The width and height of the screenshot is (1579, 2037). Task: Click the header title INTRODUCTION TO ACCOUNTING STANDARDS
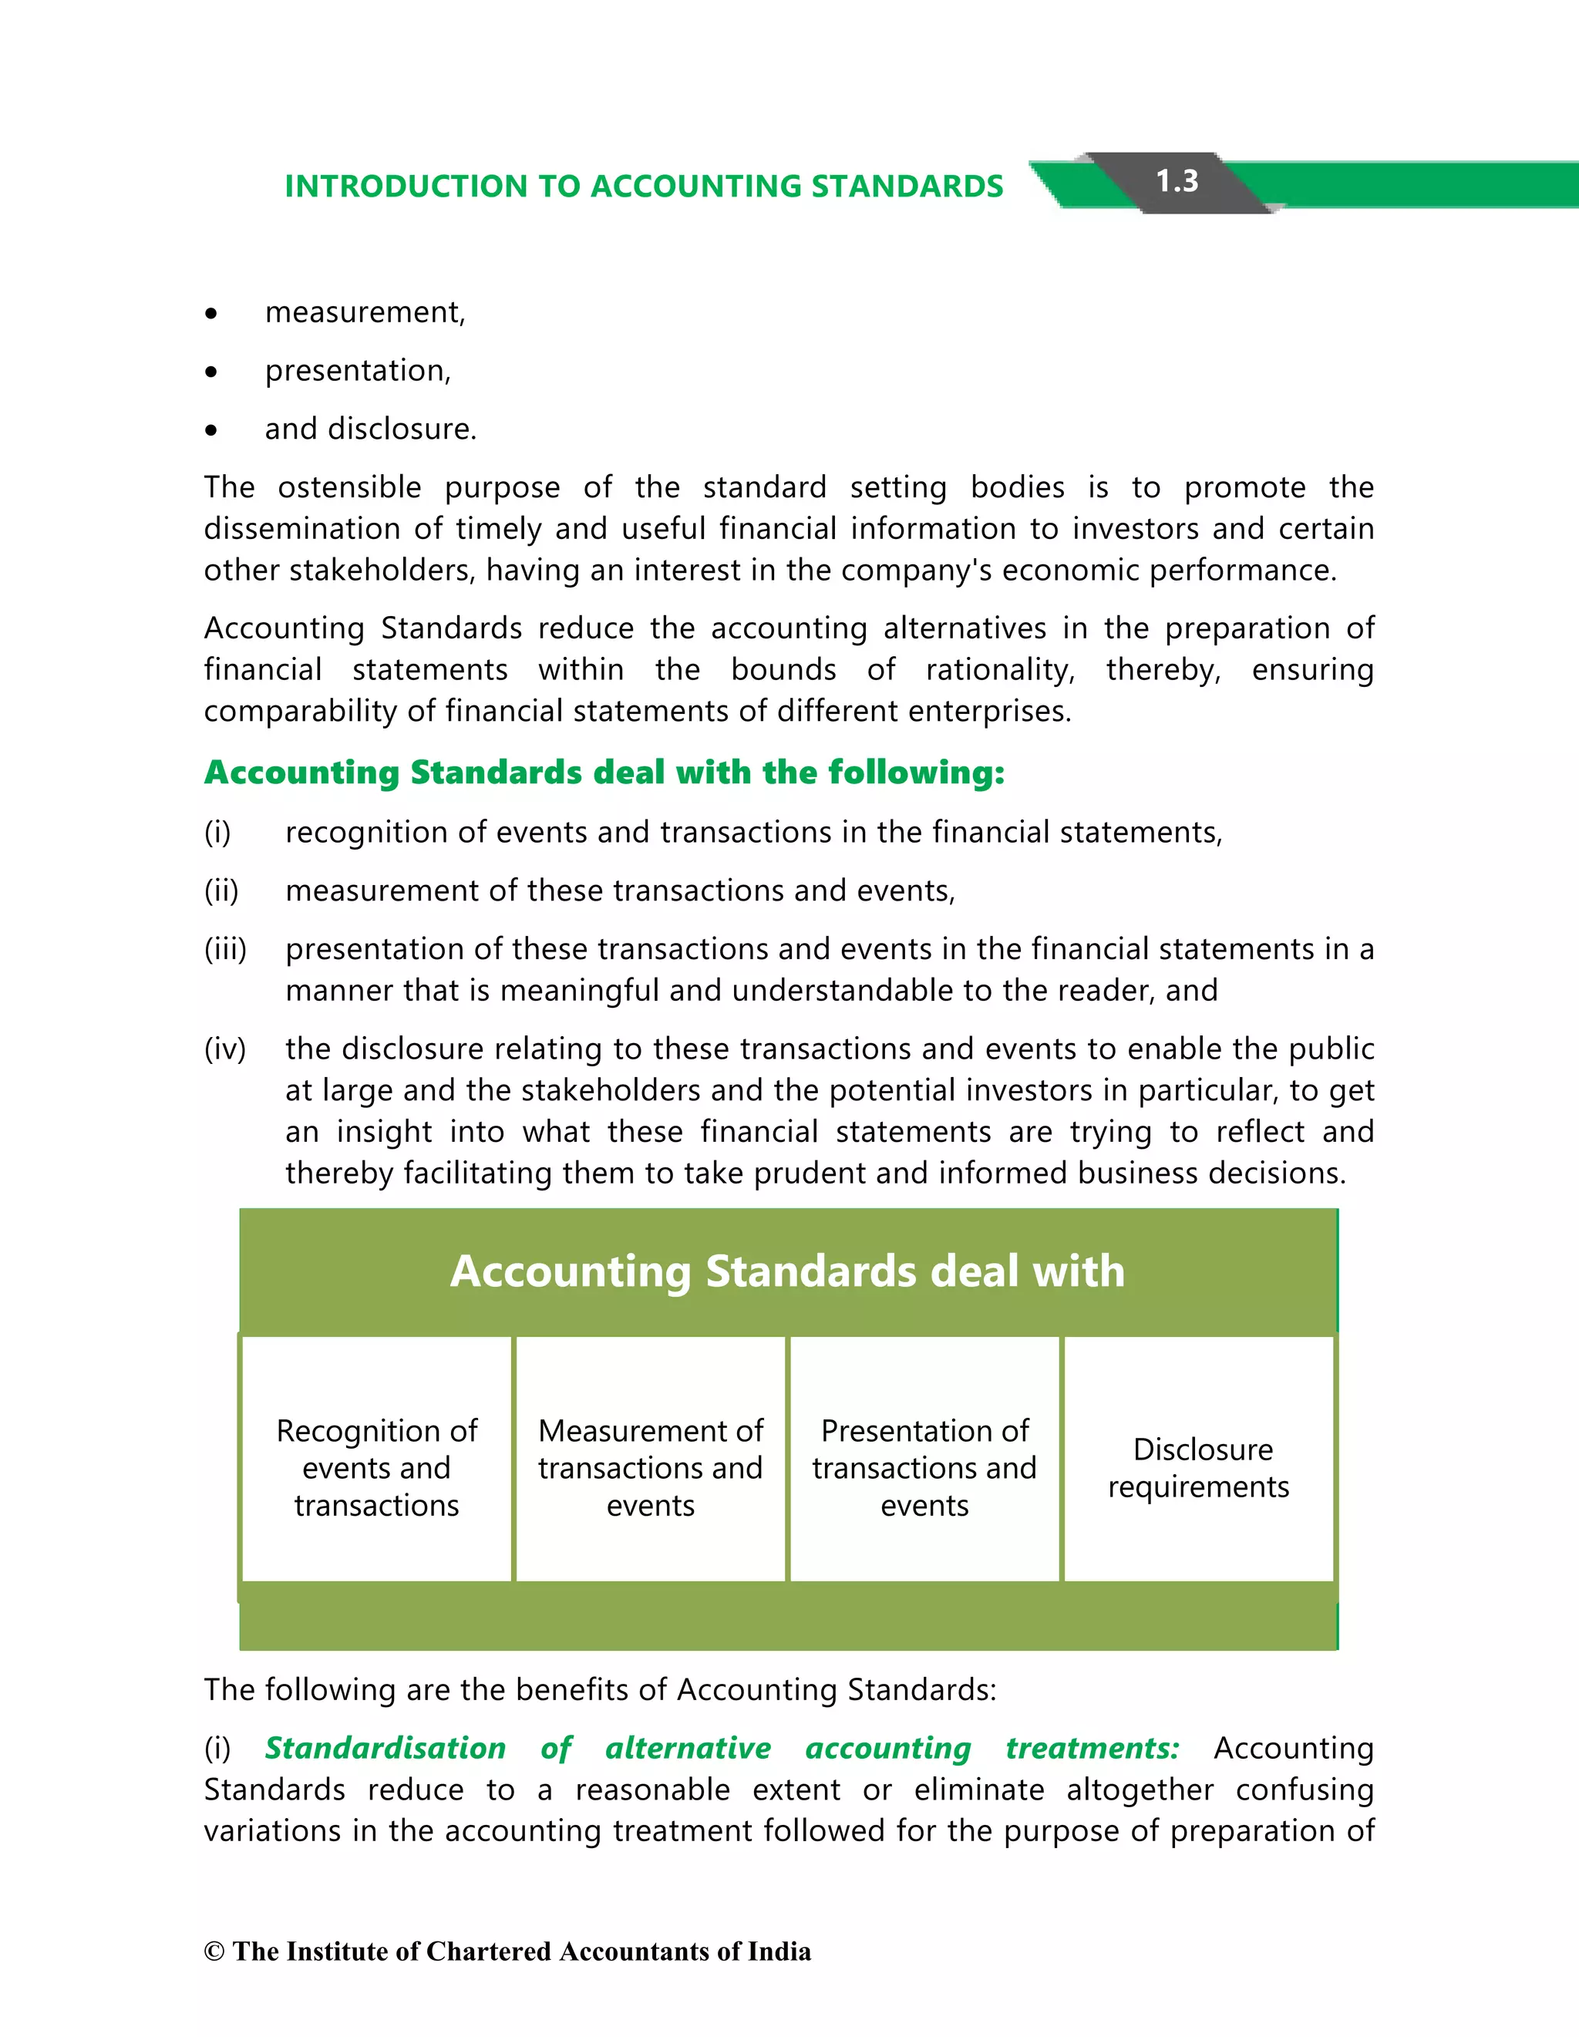pyautogui.click(x=644, y=187)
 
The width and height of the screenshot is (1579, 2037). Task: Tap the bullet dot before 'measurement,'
pyautogui.click(x=212, y=315)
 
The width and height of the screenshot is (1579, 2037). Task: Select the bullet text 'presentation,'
pyautogui.click(x=357, y=371)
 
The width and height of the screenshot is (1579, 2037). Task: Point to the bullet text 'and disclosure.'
pyautogui.click(x=370, y=429)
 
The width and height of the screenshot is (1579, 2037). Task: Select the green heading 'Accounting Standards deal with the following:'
pyautogui.click(x=604, y=773)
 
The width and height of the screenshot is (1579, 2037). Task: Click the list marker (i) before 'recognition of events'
pyautogui.click(x=217, y=832)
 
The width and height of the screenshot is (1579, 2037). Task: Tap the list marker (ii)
pyautogui.click(x=221, y=891)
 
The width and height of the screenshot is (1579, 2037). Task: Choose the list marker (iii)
pyautogui.click(x=225, y=949)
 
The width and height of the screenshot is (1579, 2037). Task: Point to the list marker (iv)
pyautogui.click(x=225, y=1049)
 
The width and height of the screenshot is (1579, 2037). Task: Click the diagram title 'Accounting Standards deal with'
pyautogui.click(x=787, y=1271)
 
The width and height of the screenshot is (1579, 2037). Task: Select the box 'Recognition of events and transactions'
pyautogui.click(x=377, y=1468)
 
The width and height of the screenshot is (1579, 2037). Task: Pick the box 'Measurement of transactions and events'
pyautogui.click(x=650, y=1468)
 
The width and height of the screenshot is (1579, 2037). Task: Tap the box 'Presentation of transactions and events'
pyautogui.click(x=924, y=1468)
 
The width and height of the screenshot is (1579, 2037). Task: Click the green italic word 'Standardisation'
pyautogui.click(x=385, y=1748)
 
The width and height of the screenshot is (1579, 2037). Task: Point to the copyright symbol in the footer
pyautogui.click(x=214, y=1952)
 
